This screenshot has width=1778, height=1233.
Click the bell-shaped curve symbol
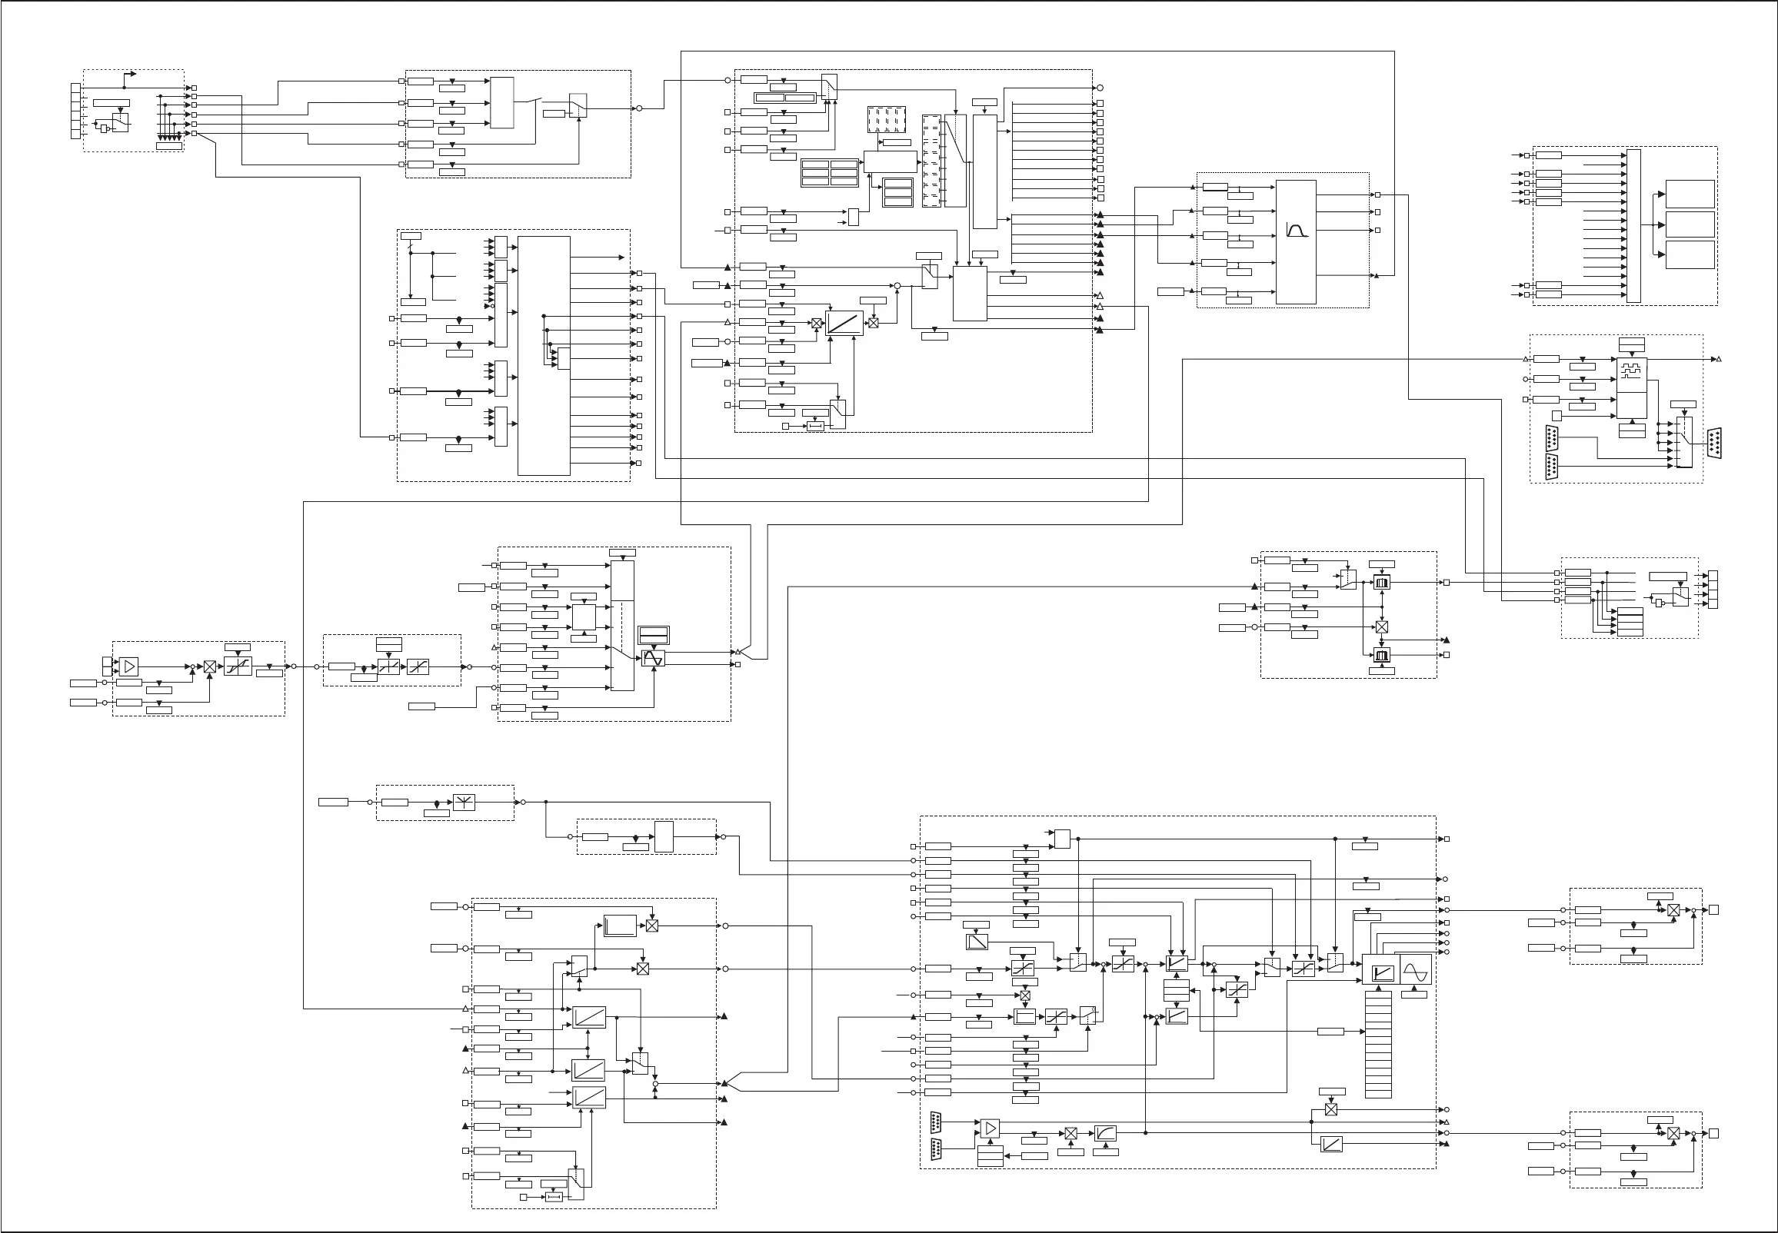click(x=1297, y=229)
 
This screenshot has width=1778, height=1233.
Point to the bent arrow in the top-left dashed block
click(x=130, y=75)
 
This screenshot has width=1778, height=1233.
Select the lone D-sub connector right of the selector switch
click(x=1713, y=443)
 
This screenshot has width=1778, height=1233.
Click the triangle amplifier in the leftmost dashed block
click(x=129, y=666)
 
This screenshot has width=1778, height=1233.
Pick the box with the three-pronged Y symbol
click(x=464, y=802)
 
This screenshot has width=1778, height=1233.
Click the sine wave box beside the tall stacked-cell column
click(x=1416, y=969)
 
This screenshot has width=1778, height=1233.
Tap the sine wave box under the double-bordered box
click(x=653, y=659)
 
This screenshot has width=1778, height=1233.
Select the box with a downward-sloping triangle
click(x=977, y=942)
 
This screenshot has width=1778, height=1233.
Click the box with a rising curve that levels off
click(x=1106, y=1132)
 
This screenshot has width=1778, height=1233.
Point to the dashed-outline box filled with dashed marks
click(x=885, y=119)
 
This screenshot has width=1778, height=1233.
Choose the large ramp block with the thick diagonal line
click(x=844, y=322)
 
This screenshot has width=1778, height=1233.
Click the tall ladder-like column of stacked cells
click(x=1378, y=1043)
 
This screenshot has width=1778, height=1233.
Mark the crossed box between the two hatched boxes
click(x=1382, y=626)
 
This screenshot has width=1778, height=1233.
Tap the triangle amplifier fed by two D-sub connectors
click(x=990, y=1128)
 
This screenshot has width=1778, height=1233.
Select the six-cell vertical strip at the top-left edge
click(x=75, y=111)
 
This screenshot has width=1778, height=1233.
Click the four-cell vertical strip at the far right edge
click(x=1713, y=590)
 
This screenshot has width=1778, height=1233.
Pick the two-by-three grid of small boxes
click(x=829, y=173)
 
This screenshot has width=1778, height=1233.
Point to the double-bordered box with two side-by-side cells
click(x=784, y=98)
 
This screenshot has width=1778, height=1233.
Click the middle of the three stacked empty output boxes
click(x=1690, y=224)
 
